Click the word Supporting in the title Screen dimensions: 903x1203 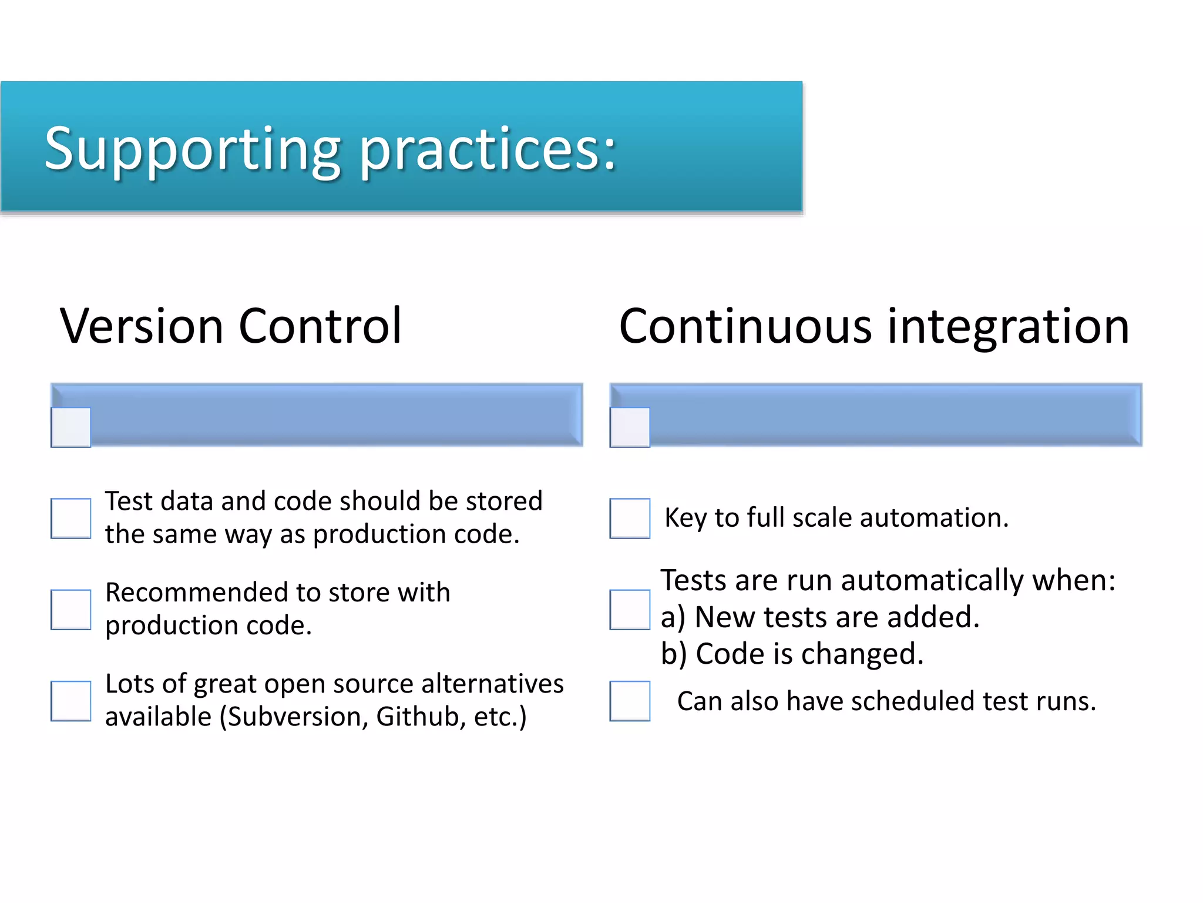(193, 150)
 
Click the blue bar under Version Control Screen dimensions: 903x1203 (335, 414)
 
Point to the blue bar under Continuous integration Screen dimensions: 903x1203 (893, 414)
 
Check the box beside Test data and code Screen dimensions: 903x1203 (71, 518)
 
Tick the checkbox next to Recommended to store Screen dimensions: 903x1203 (71, 610)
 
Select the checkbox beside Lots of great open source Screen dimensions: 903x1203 (71, 701)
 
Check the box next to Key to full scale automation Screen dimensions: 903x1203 (630, 518)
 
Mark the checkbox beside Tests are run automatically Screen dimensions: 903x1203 (630, 610)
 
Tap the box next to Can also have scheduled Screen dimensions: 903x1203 (630, 701)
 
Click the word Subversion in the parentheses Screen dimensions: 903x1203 (296, 717)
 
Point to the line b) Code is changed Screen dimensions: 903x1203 (792, 654)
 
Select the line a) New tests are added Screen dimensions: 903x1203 (820, 617)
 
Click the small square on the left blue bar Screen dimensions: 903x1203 (71, 427)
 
